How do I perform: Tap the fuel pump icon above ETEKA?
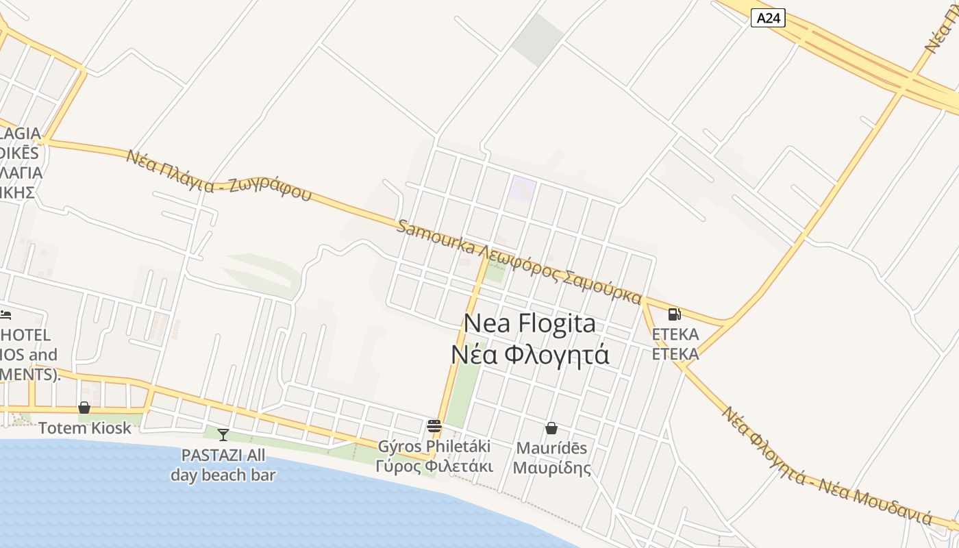pos(674,314)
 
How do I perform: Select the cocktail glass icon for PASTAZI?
pos(223,434)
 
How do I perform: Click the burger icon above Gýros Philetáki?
pos(434,426)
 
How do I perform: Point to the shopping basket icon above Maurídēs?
pos(551,428)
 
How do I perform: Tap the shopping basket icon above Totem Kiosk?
pos(84,408)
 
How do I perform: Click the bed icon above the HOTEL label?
pos(5,315)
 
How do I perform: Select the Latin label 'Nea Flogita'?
pos(530,323)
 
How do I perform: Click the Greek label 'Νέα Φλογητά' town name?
pos(530,355)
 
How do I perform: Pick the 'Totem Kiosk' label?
pos(84,428)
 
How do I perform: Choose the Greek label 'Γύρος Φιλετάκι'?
pos(434,466)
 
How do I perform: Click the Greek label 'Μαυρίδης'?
pos(551,469)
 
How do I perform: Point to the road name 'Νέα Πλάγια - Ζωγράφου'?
pos(219,175)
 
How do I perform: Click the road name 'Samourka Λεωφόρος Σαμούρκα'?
pos(519,262)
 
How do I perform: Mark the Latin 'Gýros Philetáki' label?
pos(434,447)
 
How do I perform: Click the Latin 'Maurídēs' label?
pos(551,449)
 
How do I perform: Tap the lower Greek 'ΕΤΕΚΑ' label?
pos(675,354)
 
